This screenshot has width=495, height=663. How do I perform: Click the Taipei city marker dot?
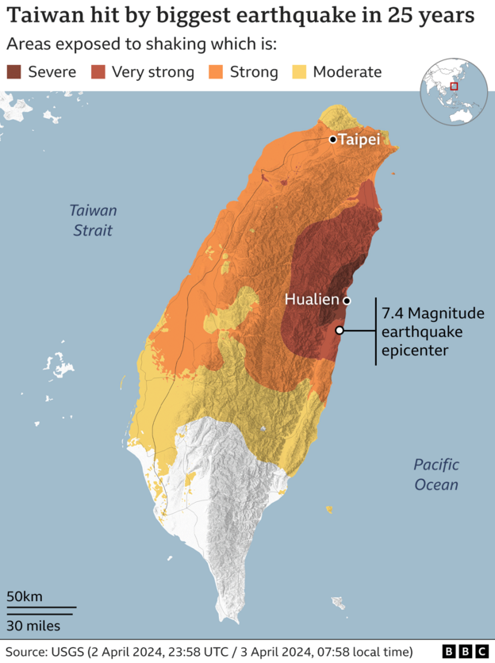point(334,140)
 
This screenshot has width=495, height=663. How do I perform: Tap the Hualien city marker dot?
point(347,301)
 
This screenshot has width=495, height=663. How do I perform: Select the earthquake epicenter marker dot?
point(340,330)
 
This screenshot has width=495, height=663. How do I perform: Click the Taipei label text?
point(359,140)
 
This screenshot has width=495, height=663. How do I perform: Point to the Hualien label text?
point(312,300)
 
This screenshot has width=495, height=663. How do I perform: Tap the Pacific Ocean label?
point(436,474)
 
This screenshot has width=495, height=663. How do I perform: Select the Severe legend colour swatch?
point(14,72)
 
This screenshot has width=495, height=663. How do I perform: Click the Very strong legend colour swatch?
point(98,72)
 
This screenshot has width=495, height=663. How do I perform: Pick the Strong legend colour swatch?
point(216,72)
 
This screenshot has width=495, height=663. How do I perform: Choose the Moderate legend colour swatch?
point(299,72)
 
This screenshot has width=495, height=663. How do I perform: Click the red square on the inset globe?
point(454,86)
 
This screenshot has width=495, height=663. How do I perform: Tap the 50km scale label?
point(25,596)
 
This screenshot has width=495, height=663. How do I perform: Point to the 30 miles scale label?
point(33,626)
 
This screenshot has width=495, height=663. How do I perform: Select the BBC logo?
point(464,651)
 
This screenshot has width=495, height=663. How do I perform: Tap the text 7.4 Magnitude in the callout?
point(422,312)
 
